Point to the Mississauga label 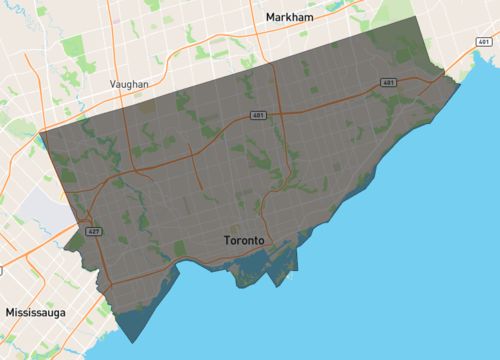click(x=35, y=312)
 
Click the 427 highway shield click(x=93, y=231)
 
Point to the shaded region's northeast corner click(x=414, y=18)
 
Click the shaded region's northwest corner click(x=39, y=132)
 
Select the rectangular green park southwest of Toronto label click(x=180, y=247)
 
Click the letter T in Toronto click(x=222, y=241)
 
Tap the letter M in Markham click(x=270, y=17)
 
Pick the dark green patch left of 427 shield click(x=73, y=242)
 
